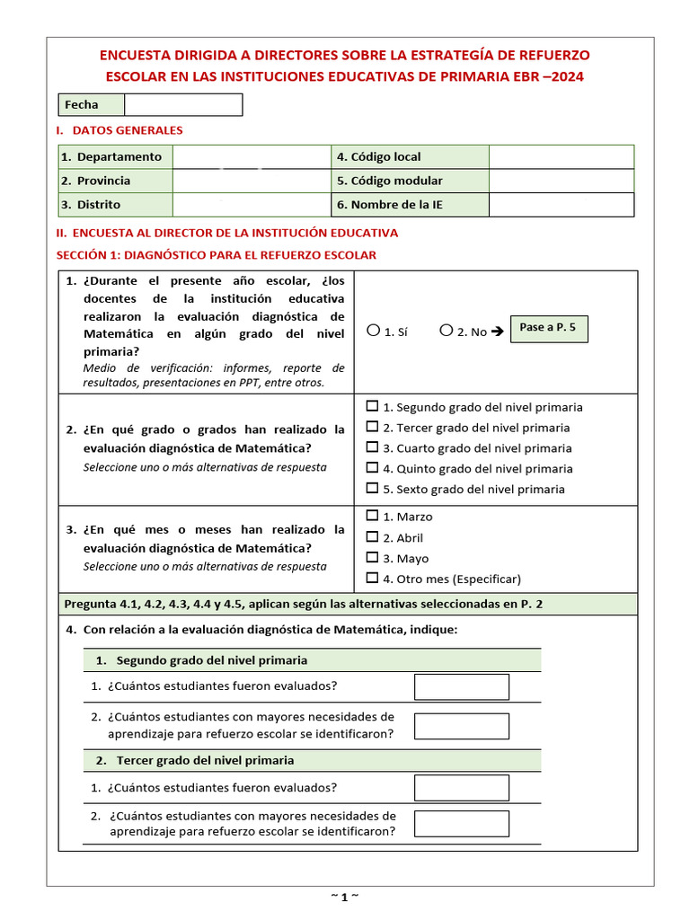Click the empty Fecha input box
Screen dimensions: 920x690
[x=183, y=105]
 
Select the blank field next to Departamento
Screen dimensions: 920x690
[x=252, y=156]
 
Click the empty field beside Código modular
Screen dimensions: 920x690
[x=562, y=181]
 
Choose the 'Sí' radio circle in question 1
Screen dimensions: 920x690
[x=374, y=331]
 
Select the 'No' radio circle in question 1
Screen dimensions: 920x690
[x=447, y=331]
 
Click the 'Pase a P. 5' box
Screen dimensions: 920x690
[x=548, y=328]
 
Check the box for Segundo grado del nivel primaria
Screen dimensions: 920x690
[x=373, y=406]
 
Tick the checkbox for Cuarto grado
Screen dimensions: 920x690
[x=373, y=447]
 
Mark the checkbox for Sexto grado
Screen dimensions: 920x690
[x=373, y=489]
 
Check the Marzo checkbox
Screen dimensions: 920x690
[x=373, y=516]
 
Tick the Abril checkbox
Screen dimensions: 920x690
[x=373, y=537]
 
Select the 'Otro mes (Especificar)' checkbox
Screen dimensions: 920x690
[x=373, y=579]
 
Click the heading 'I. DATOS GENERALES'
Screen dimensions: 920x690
[x=119, y=130]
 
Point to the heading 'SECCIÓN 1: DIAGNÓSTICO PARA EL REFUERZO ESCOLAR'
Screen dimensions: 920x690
[x=217, y=255]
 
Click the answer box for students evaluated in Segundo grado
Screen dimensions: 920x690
[x=461, y=686]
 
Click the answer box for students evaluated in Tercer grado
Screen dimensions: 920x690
[x=461, y=788]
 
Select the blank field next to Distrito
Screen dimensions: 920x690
[x=252, y=205]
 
